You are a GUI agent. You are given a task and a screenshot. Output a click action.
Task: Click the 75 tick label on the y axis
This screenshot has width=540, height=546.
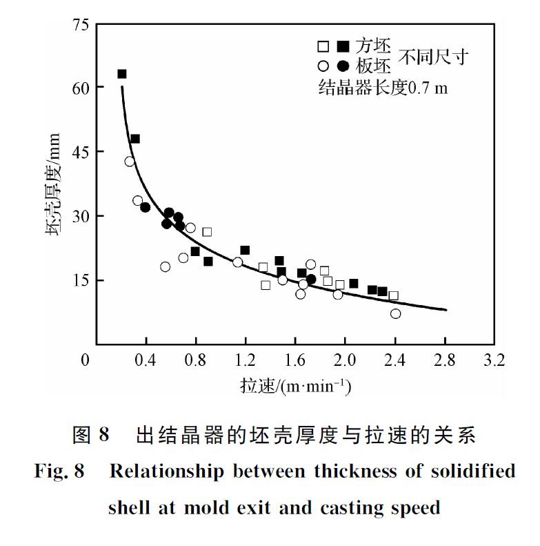coord(80,26)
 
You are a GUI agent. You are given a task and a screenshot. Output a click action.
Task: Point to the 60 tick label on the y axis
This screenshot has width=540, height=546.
coord(80,88)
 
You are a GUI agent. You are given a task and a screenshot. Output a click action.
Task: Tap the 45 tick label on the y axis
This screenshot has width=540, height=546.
coord(80,152)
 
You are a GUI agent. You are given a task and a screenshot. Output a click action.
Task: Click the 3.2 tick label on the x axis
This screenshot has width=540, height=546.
coord(494,360)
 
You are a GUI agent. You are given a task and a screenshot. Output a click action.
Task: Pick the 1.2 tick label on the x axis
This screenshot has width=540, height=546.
coord(246,360)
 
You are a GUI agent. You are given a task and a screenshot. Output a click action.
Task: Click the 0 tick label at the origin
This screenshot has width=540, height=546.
coord(86,360)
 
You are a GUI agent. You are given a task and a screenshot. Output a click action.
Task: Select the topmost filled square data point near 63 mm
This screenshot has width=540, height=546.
coord(122,74)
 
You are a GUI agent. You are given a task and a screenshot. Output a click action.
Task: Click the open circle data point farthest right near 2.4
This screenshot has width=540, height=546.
coord(395,313)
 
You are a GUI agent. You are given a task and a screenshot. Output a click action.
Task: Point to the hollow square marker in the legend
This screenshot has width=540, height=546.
coord(323,47)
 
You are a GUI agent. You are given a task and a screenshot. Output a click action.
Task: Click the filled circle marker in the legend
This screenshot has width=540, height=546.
coord(343,67)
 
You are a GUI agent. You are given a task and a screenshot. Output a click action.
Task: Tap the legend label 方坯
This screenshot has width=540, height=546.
coord(373,46)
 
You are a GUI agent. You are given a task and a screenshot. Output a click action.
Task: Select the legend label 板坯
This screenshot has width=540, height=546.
coord(373,67)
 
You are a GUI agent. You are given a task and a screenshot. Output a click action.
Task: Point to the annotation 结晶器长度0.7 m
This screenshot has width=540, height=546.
coord(383,88)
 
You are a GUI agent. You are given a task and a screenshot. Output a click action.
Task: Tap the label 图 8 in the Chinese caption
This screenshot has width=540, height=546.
coord(91,436)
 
